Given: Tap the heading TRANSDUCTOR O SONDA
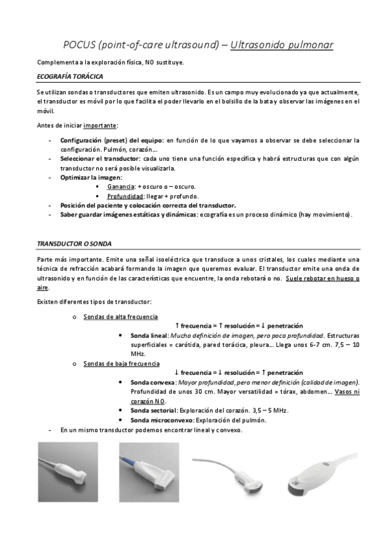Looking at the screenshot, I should click(74, 244).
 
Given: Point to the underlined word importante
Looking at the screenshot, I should click(101, 125).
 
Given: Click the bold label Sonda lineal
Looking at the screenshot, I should click(149, 336).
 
